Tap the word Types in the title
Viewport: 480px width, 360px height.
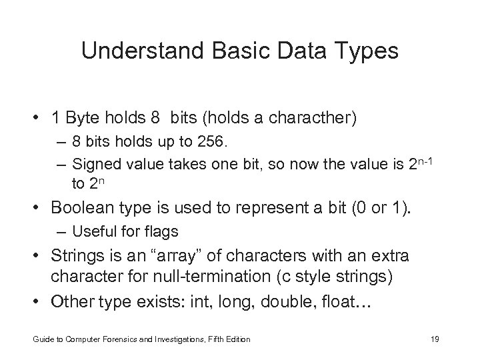[x=368, y=51]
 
